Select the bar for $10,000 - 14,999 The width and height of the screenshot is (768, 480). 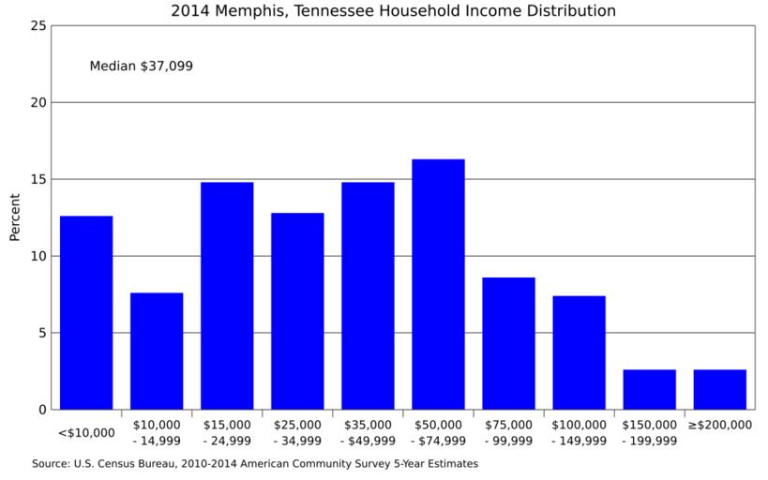157,351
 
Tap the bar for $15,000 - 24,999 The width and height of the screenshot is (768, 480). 227,295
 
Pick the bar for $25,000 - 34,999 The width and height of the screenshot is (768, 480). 297,310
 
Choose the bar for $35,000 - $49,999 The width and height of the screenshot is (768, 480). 368,295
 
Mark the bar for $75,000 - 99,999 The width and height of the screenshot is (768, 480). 508,343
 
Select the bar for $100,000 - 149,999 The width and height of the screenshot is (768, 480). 579,352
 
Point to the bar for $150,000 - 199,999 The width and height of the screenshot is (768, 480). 649,389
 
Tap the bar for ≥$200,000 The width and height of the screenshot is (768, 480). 719,389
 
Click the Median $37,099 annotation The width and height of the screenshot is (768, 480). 141,67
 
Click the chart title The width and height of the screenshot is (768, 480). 393,11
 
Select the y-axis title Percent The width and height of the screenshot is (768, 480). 14,217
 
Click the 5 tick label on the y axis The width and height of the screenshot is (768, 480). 42,333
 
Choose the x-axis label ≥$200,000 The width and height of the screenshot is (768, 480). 719,425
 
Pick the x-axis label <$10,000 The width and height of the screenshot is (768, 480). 86,432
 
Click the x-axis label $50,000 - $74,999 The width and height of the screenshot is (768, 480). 438,432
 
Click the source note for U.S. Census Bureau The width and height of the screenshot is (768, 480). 255,463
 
